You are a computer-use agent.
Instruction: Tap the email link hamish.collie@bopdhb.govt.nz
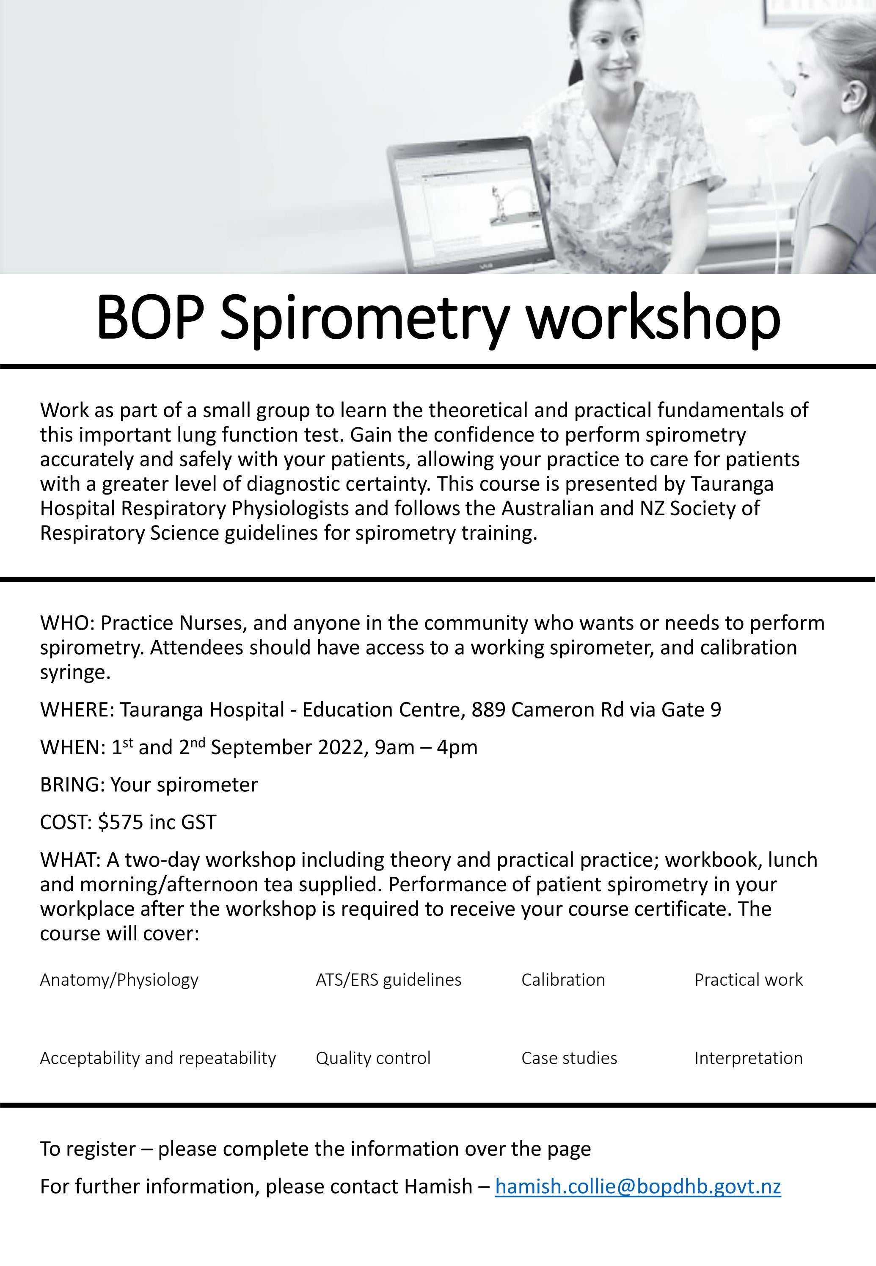[637, 1186]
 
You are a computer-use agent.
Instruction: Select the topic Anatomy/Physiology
[119, 979]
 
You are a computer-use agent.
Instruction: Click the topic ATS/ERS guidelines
[388, 979]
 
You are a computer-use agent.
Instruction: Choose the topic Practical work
[748, 979]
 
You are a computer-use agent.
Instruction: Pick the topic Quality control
[373, 1058]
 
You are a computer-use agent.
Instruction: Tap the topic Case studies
[569, 1058]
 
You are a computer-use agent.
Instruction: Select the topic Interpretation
[748, 1058]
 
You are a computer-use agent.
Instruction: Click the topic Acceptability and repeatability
[157, 1058]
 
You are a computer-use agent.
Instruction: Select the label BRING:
[72, 785]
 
